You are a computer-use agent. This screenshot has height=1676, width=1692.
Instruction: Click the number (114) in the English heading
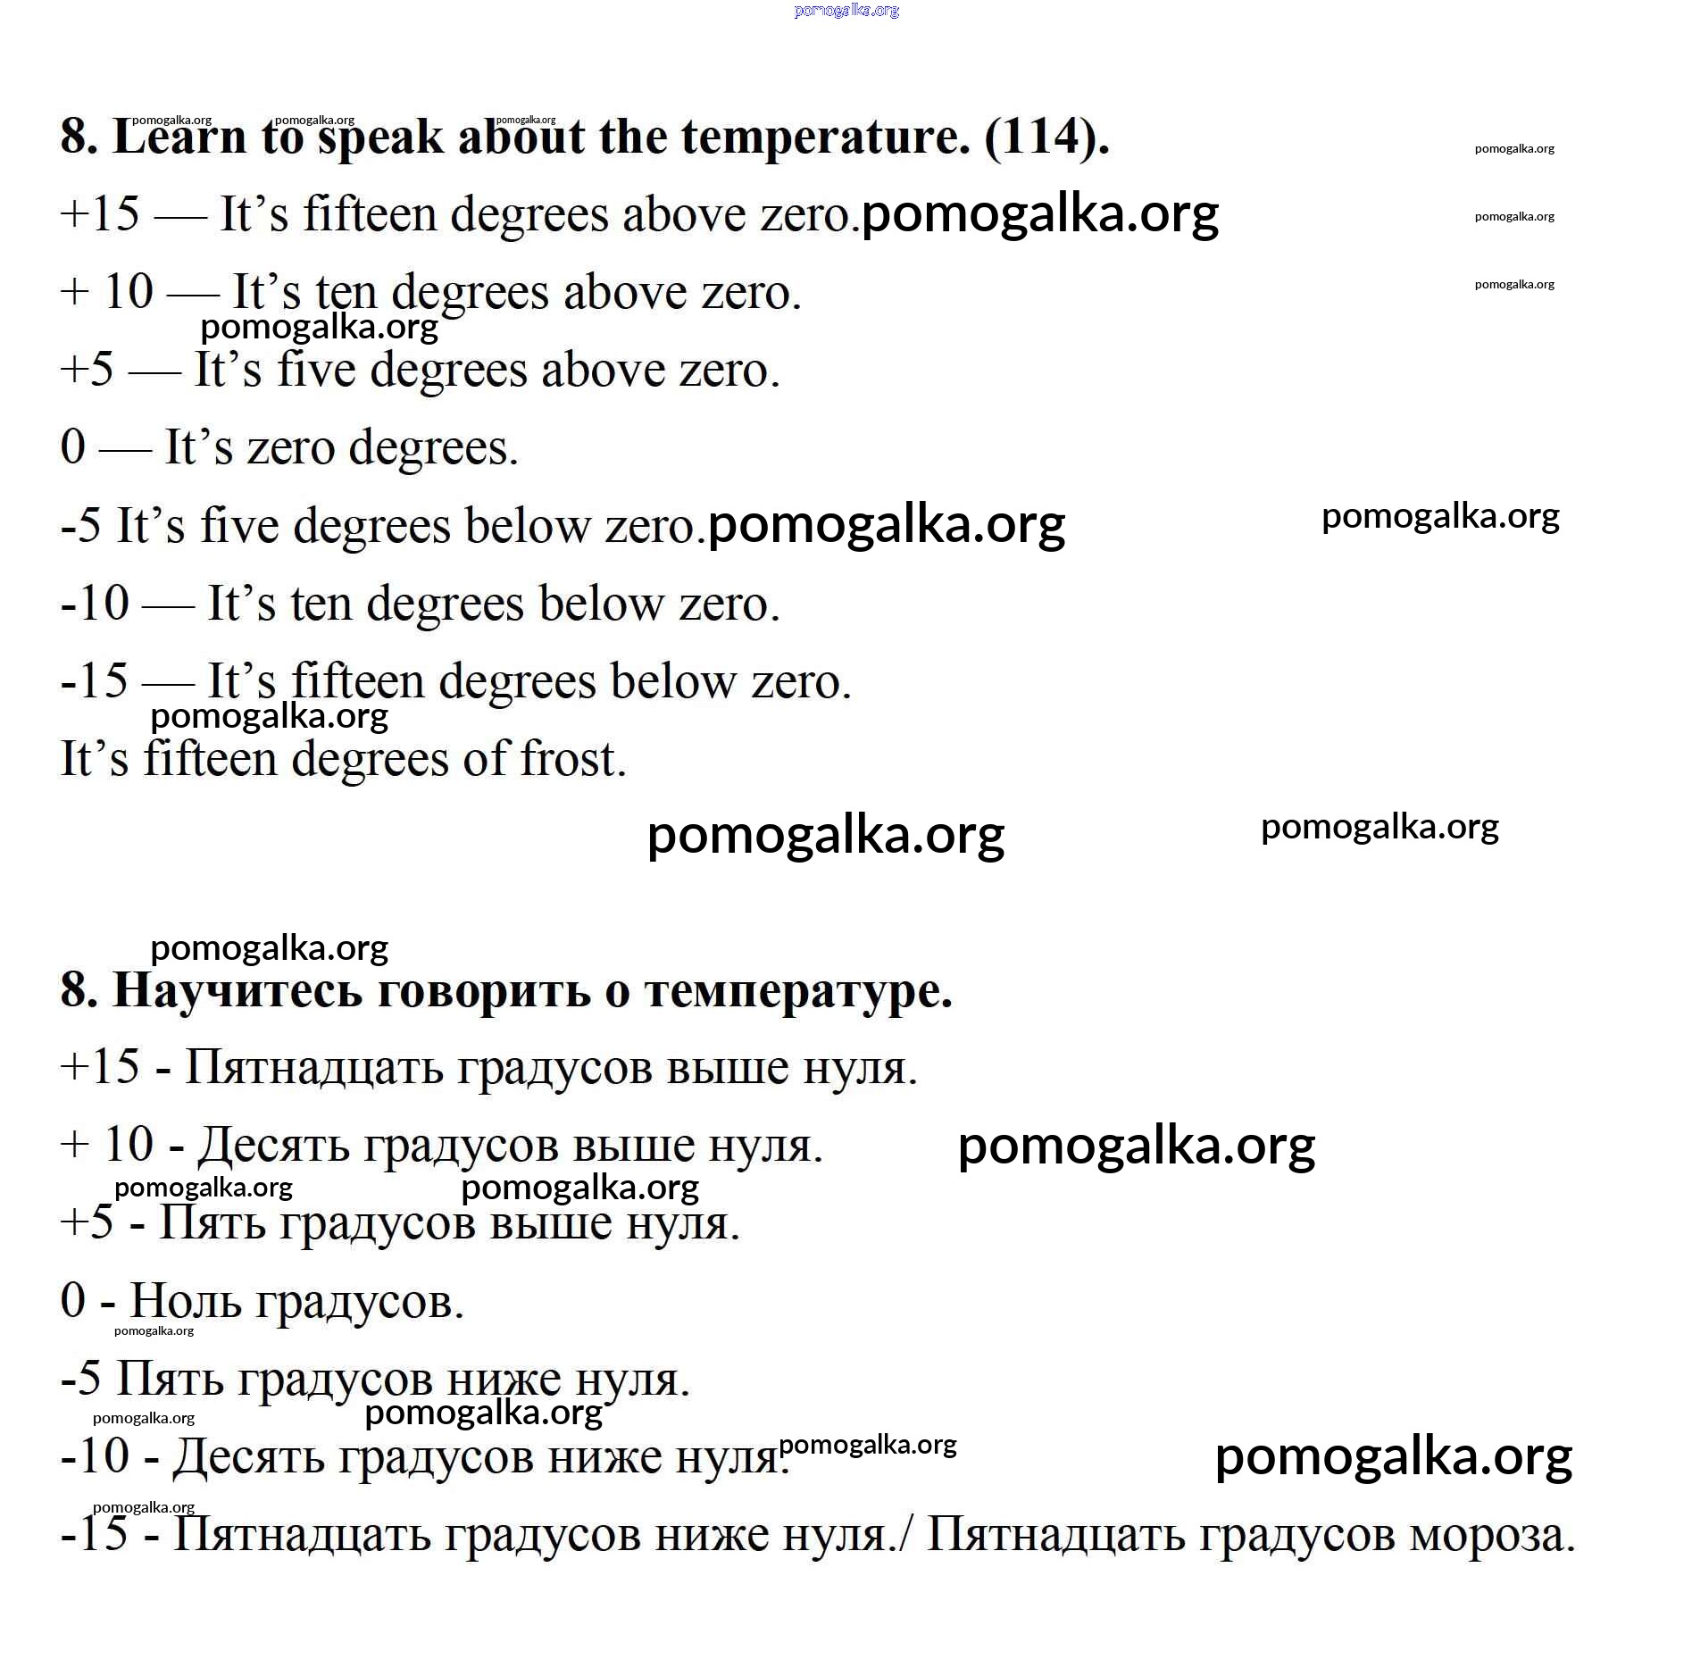click(x=1046, y=137)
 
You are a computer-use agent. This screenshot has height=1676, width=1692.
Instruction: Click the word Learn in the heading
click(x=179, y=137)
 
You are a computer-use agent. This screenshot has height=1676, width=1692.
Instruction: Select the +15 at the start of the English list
click(x=100, y=214)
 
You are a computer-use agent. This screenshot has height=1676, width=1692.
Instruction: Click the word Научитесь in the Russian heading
click(x=237, y=990)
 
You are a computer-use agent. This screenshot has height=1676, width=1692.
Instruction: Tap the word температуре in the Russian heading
click(x=798, y=990)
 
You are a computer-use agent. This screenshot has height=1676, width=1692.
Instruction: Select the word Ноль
click(x=186, y=1301)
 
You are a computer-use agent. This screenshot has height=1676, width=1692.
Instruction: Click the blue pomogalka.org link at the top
click(x=846, y=11)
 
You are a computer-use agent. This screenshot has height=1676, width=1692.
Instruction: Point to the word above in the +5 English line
click(x=603, y=370)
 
